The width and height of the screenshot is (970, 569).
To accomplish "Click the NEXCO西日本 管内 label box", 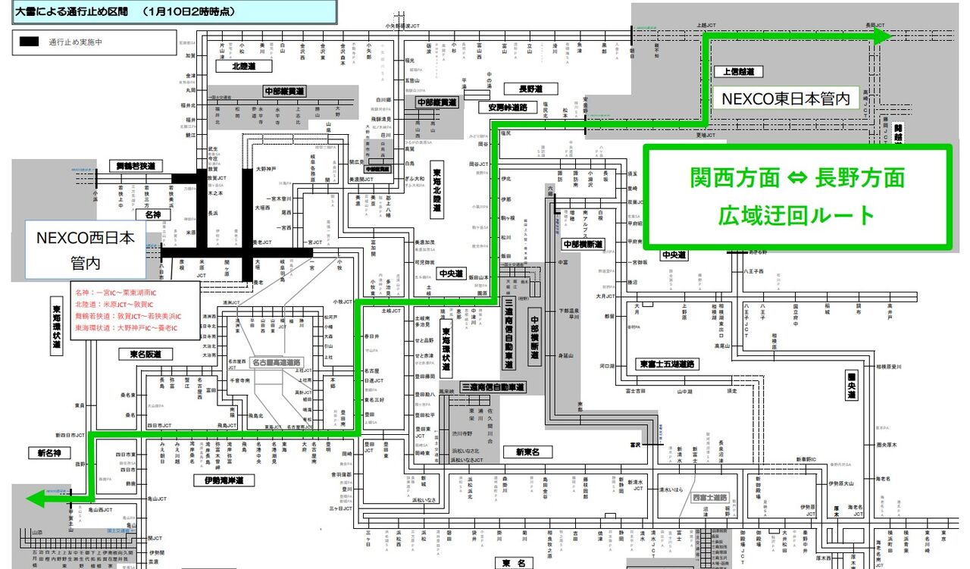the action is click(x=86, y=249).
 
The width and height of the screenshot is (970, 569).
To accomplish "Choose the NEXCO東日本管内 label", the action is click(x=784, y=98).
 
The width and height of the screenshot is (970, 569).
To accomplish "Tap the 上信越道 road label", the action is click(x=738, y=72).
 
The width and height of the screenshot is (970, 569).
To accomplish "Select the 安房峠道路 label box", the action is click(x=507, y=108).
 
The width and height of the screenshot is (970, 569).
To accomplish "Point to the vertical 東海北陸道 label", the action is click(x=437, y=189).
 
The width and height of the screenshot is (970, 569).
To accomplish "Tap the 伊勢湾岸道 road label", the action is click(x=228, y=480).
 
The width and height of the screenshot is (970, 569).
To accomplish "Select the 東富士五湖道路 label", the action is click(x=666, y=364).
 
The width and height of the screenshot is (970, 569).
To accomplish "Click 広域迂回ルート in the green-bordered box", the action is click(x=796, y=215).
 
